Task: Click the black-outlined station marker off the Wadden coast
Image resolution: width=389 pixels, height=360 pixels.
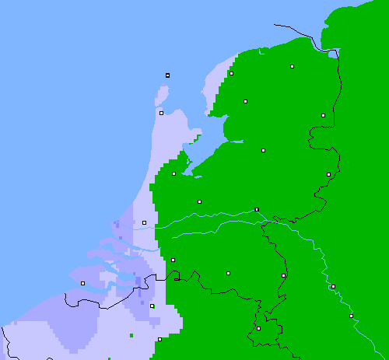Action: (x=167, y=75)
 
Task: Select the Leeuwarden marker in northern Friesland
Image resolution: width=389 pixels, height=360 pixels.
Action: (x=231, y=73)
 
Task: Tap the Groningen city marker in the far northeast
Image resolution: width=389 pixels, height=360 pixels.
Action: (x=292, y=67)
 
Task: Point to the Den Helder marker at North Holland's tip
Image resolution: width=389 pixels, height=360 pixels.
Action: (x=161, y=113)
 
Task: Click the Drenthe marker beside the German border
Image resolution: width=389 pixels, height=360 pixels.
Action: (x=323, y=115)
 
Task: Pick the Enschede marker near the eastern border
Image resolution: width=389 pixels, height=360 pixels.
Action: (x=328, y=174)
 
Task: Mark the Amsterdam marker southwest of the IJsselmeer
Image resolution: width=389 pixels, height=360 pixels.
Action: (x=173, y=173)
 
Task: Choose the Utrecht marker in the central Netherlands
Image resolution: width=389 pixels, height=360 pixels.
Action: (x=199, y=201)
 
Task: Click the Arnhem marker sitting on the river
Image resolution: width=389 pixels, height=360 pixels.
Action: (x=256, y=209)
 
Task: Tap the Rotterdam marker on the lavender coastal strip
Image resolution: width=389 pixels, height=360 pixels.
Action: (x=144, y=223)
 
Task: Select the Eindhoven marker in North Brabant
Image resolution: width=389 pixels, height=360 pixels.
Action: (x=228, y=273)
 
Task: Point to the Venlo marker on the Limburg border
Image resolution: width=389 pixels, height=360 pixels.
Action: (x=283, y=275)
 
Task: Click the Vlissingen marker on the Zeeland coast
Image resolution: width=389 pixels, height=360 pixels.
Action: (x=82, y=283)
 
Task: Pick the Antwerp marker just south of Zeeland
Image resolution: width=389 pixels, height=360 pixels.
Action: (x=152, y=306)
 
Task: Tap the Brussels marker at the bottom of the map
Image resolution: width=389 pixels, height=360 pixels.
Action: (x=159, y=339)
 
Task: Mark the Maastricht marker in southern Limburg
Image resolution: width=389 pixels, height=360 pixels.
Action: (x=258, y=328)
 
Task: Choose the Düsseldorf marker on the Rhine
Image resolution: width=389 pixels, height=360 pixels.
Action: (x=333, y=287)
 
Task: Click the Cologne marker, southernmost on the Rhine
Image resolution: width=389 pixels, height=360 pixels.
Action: (x=351, y=316)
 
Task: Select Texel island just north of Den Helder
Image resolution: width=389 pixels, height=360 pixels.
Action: (x=163, y=96)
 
